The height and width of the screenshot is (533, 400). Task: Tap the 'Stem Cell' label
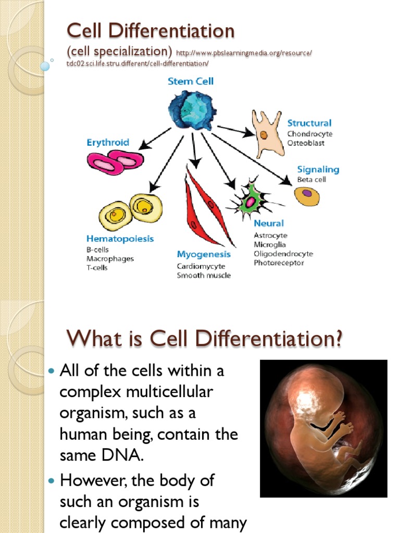pyautogui.click(x=190, y=81)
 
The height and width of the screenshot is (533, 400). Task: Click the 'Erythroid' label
pyautogui.click(x=108, y=142)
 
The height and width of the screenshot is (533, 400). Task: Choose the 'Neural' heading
pyautogui.click(x=269, y=223)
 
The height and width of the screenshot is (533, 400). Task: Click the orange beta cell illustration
pyautogui.click(x=307, y=196)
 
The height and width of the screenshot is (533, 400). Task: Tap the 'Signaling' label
pyautogui.click(x=318, y=169)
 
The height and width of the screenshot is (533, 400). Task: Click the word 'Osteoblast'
pyautogui.click(x=306, y=143)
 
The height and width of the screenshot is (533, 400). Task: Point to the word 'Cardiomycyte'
pyautogui.click(x=200, y=266)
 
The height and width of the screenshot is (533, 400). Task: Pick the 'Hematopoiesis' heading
pyautogui.click(x=120, y=239)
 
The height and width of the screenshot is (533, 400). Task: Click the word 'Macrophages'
pyautogui.click(x=110, y=259)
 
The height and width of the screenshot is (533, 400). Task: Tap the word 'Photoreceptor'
pyautogui.click(x=279, y=263)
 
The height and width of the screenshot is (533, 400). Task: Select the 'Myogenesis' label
pyautogui.click(x=204, y=255)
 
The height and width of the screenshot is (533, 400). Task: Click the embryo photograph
pyautogui.click(x=323, y=428)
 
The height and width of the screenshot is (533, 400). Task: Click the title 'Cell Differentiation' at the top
pyautogui.click(x=151, y=31)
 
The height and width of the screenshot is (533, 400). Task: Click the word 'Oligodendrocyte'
pyautogui.click(x=283, y=253)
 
